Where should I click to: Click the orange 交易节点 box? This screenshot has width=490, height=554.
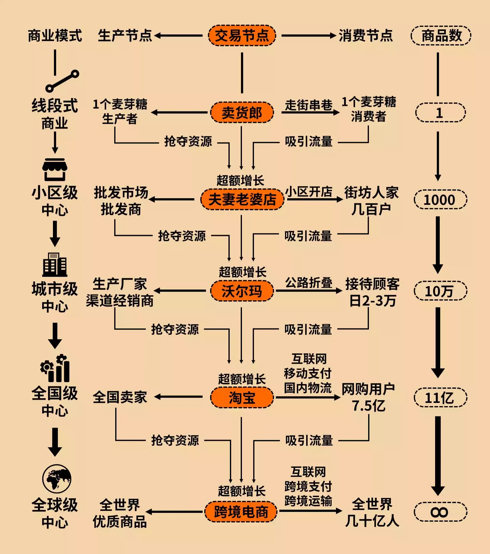[242, 36]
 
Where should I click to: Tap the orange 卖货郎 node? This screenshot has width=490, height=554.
[242, 112]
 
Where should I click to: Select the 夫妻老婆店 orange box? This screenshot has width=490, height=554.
[242, 199]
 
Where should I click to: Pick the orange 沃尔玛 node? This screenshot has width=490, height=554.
[242, 291]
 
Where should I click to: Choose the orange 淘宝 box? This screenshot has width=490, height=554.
[242, 397]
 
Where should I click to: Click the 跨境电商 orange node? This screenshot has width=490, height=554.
[241, 511]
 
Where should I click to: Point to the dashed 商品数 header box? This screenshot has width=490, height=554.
[441, 36]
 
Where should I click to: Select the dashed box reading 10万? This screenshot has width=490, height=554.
[440, 291]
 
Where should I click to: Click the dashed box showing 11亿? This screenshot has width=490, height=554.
[440, 397]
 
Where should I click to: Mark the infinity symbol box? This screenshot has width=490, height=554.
[440, 512]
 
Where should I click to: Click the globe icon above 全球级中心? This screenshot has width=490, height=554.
[57, 479]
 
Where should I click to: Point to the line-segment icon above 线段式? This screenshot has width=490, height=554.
[62, 81]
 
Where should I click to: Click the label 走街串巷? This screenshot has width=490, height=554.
[309, 105]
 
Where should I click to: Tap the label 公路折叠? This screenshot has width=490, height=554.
[309, 283]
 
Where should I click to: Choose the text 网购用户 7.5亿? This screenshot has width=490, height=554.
[368, 397]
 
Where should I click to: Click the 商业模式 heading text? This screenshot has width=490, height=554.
[55, 36]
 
